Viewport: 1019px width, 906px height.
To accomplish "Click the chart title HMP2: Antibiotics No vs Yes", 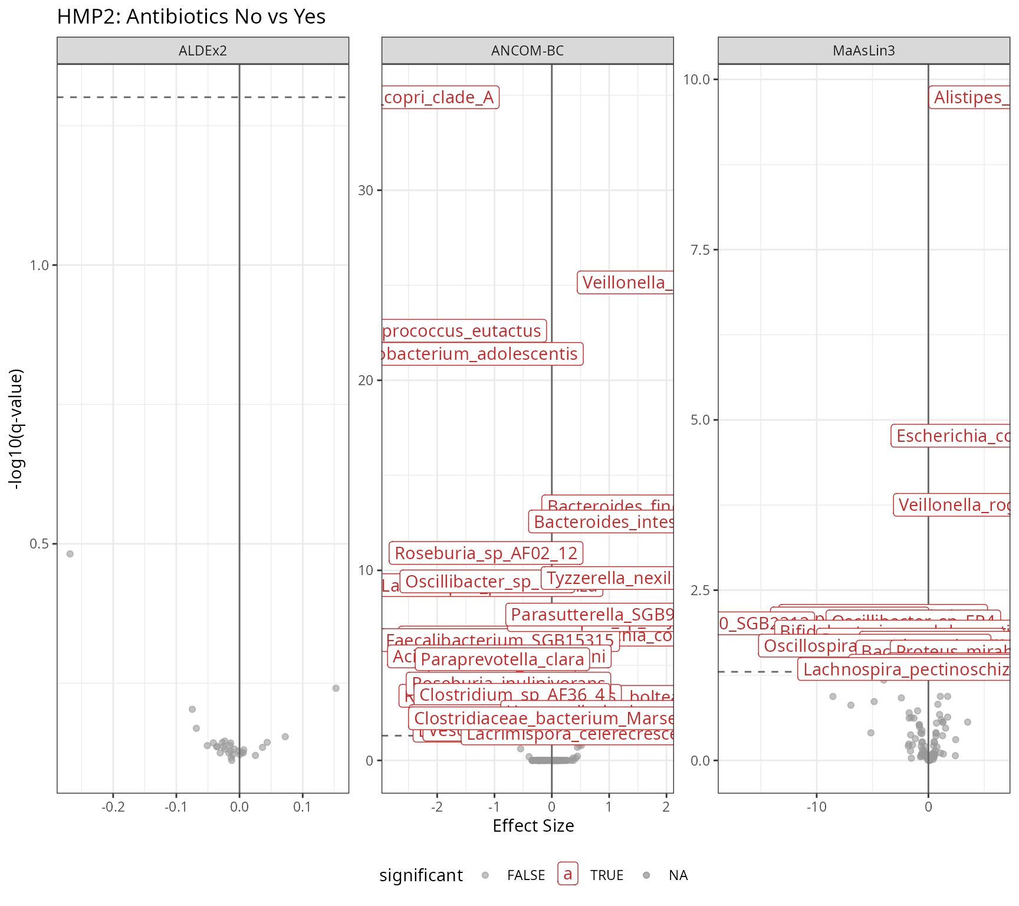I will [191, 17].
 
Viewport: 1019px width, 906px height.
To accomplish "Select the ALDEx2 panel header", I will [202, 51].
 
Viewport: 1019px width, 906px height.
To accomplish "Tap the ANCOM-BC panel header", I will [527, 51].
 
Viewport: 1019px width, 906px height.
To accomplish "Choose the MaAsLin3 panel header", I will [863, 51].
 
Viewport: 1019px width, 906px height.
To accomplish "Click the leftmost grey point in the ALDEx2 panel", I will [70, 554].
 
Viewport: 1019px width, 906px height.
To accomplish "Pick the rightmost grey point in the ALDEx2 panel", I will [336, 688].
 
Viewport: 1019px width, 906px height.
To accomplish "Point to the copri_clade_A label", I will [440, 97].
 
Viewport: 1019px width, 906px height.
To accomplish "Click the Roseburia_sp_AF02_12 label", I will [486, 553].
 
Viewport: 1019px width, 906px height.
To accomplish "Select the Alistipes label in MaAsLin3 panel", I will [969, 97].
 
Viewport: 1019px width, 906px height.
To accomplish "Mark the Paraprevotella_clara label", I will [502, 659].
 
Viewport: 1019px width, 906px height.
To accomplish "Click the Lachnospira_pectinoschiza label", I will [905, 669].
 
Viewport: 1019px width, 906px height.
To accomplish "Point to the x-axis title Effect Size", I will [533, 826].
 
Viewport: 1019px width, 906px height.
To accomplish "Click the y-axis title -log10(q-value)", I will [17, 429].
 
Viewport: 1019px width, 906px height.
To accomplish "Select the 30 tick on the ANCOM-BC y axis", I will [366, 191].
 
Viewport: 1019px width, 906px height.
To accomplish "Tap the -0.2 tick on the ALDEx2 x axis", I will [113, 807].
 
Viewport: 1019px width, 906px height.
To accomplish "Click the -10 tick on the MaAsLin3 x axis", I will [816, 807].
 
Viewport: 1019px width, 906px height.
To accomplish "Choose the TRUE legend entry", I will [607, 875].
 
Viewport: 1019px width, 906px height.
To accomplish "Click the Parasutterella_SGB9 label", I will [591, 615].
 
